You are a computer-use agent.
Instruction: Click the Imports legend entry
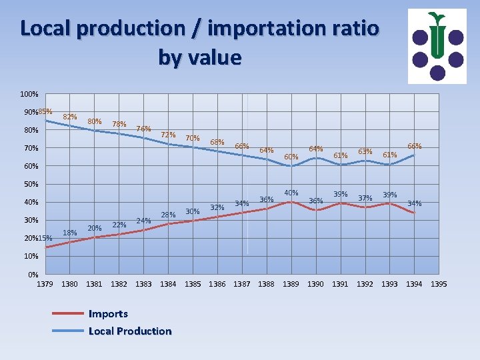pos(108,313)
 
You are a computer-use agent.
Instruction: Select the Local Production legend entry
pos(129,331)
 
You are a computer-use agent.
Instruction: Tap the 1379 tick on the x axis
pos(45,284)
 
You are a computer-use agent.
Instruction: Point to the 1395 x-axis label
pos(439,284)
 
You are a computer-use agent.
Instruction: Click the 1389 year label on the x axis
pos(291,284)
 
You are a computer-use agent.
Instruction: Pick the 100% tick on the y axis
pos(29,94)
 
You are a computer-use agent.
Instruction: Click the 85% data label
pos(46,111)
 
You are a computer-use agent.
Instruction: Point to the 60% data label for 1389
pos(291,157)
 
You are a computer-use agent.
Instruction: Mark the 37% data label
pos(365,198)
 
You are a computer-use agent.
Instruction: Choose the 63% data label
pos(365,151)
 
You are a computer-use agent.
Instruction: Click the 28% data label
pos(168,215)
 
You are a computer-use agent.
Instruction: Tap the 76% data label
pos(143,129)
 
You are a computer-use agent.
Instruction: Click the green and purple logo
pos(437,46)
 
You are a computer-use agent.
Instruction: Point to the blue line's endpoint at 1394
pos(414,155)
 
